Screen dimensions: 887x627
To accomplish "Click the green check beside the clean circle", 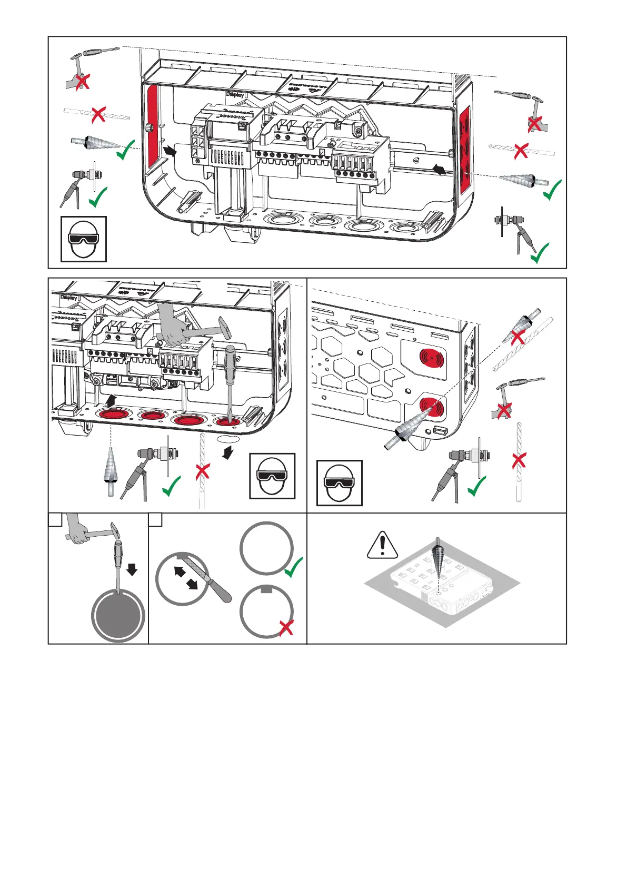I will point(294,567).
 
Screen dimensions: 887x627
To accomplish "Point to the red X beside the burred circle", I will point(286,627).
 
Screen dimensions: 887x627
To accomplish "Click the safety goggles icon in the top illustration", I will point(84,239).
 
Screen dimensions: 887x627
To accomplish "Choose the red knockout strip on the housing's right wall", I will point(464,149).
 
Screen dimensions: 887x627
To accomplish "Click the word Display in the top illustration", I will point(235,95).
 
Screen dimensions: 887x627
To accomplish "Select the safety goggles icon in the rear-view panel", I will point(340,482).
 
